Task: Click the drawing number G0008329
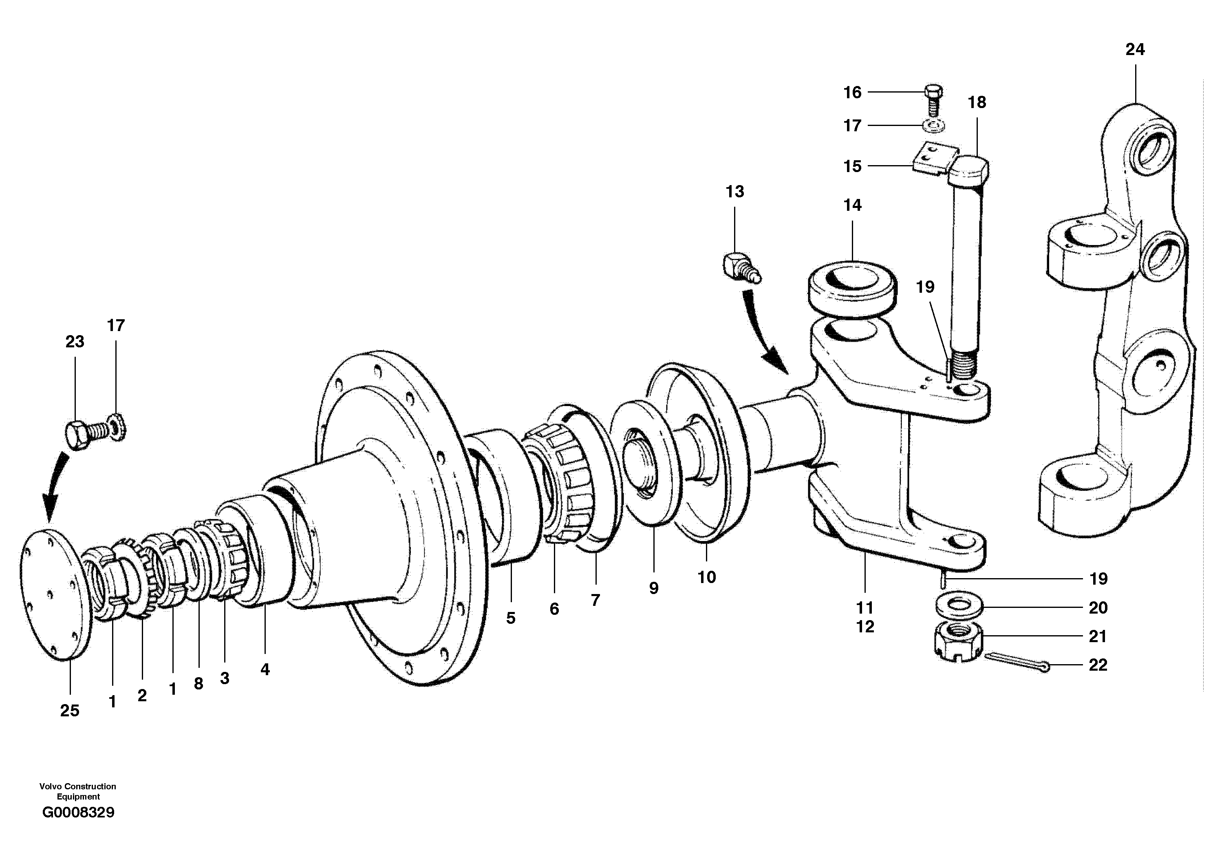[x=78, y=812]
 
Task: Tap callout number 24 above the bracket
[x=1135, y=49]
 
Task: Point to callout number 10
[x=706, y=577]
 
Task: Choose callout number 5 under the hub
[x=510, y=618]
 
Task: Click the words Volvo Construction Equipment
[x=78, y=791]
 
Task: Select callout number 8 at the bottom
[x=198, y=684]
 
